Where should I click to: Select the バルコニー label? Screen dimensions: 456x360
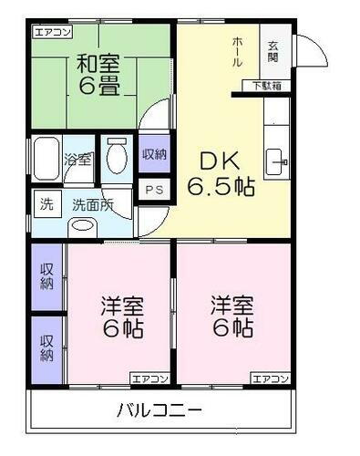[159, 409]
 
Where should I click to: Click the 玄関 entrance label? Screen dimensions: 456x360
[273, 53]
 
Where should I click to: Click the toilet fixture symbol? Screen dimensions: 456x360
[115, 161]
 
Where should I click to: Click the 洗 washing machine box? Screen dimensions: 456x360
[46, 204]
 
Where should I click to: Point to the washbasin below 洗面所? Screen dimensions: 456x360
[84, 227]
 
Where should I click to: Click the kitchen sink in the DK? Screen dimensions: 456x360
[276, 161]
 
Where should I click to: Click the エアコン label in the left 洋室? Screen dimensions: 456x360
[148, 378]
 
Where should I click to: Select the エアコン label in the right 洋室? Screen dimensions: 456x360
[270, 378]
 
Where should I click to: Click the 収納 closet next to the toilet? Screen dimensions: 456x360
[153, 153]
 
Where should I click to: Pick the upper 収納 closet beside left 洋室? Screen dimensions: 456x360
[46, 275]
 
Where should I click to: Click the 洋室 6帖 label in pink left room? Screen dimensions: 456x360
[122, 316]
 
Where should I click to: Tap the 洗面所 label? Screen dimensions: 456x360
[93, 204]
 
